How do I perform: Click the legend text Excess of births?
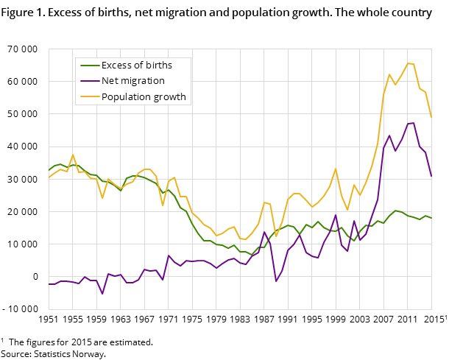pos(136,65)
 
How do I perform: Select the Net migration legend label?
pos(133,81)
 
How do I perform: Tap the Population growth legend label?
pos(144,96)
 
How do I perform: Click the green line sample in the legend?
pos(88,65)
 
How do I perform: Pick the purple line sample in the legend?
pos(88,81)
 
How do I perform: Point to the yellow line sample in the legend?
pos(88,96)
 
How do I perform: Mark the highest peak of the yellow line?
pos(408,63)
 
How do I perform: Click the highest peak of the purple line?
pos(414,123)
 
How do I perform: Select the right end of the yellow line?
pos(431,118)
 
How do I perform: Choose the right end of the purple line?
pos(431,177)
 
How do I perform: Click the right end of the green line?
pos(431,218)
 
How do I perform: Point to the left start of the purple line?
pos(49,284)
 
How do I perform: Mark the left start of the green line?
pos(49,170)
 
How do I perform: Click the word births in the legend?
pos(157,65)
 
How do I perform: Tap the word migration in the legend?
pos(144,81)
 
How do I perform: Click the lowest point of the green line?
pos(252,255)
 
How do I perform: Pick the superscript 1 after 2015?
pos(445,317)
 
